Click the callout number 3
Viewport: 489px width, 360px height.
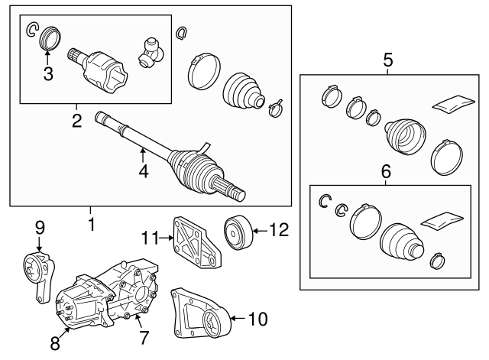48,74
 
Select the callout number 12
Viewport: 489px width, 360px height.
279,231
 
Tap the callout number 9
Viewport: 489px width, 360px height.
40,228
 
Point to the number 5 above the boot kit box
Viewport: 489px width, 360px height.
388,60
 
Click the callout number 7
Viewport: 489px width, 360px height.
143,338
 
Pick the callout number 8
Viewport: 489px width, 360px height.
55,344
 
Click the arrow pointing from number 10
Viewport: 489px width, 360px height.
239,318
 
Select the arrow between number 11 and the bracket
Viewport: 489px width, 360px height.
166,238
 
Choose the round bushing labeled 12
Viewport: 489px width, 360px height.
238,232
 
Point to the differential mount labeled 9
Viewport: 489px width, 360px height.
39,274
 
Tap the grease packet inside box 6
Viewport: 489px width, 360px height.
442,219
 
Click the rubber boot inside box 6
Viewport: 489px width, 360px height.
402,241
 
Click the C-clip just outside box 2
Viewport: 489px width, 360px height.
181,33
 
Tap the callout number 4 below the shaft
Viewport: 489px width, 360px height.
144,171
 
